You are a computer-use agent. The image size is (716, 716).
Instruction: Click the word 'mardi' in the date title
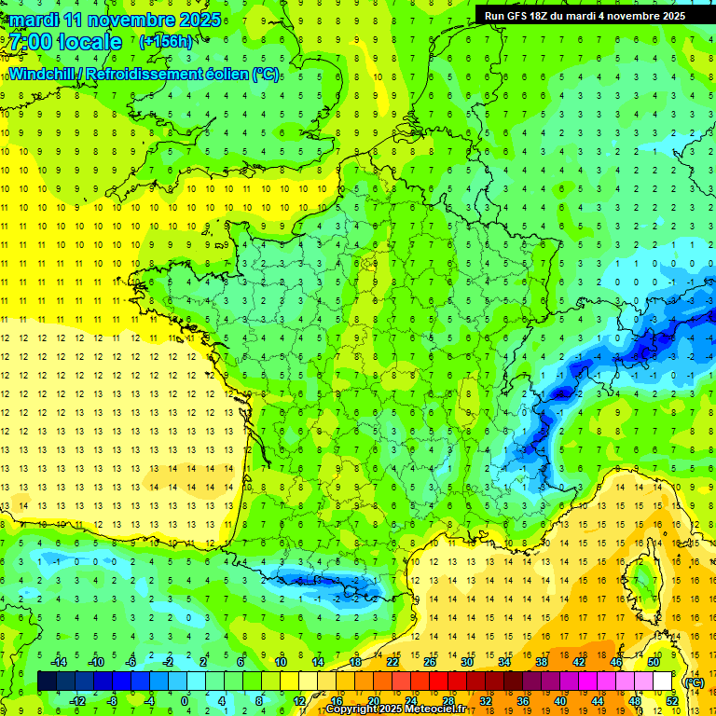point(33,19)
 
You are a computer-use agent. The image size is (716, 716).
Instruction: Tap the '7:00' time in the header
point(33,42)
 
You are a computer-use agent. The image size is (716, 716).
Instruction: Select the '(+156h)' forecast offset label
point(166,41)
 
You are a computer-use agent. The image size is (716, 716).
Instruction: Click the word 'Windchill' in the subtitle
point(45,73)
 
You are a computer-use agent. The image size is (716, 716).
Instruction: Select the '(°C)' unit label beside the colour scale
point(694,682)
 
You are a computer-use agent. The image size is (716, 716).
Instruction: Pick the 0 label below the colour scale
point(185,700)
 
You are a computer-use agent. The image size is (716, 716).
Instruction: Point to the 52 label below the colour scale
point(671,700)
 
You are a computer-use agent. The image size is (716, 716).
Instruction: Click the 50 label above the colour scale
point(653,662)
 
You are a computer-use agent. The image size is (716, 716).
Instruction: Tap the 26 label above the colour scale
point(430,662)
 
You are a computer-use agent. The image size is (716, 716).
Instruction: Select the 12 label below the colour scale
point(299,700)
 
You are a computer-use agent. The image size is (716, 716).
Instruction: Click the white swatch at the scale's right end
point(662,682)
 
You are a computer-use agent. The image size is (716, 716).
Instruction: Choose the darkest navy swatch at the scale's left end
point(47,682)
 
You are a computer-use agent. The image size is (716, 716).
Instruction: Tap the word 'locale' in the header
point(89,42)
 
